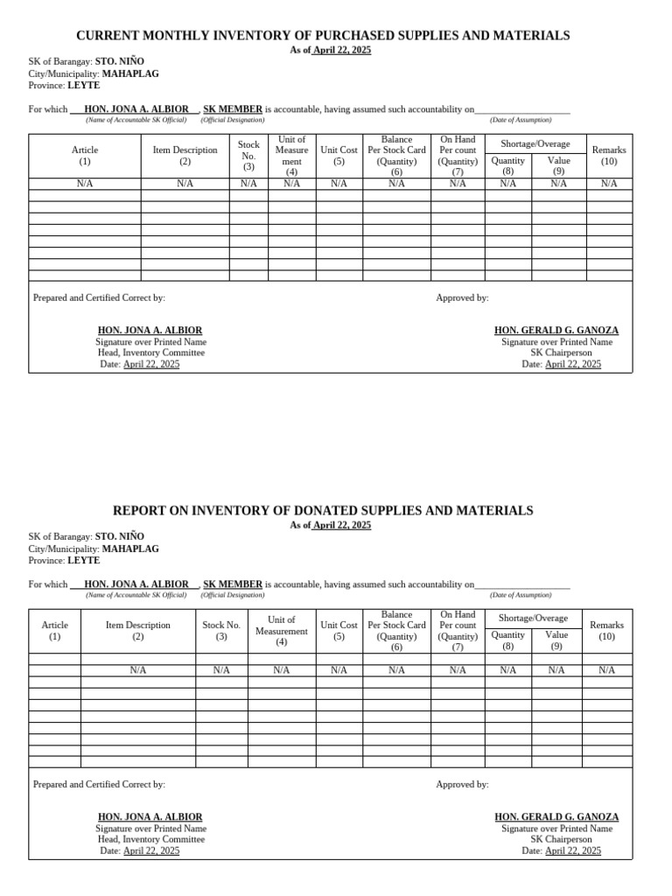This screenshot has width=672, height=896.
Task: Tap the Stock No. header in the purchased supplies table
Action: coord(248,155)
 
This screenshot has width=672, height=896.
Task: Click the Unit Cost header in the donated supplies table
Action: coord(339,630)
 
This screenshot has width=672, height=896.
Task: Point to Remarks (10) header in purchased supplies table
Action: coord(608,155)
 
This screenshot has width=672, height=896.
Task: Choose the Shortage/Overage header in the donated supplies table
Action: coord(534,618)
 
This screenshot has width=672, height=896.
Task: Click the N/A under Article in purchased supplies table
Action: coord(85,184)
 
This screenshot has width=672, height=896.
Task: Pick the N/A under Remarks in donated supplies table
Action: coord(606,670)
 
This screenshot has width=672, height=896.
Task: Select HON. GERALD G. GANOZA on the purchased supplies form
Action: coord(556,331)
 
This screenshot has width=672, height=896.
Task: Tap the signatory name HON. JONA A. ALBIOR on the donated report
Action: coord(150,816)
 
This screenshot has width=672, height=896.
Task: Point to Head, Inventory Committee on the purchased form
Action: coord(150,353)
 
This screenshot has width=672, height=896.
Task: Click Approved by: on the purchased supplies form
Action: coord(462,298)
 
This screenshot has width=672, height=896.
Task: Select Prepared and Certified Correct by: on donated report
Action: coord(99,785)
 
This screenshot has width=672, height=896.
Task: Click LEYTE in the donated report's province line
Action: coord(83,561)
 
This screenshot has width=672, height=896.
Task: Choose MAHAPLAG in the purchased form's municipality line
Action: coord(130,73)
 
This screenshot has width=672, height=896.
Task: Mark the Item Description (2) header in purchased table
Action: coord(185,155)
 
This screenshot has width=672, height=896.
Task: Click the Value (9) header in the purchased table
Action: coord(558,165)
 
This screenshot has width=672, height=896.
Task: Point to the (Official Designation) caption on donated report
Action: coord(232,595)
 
